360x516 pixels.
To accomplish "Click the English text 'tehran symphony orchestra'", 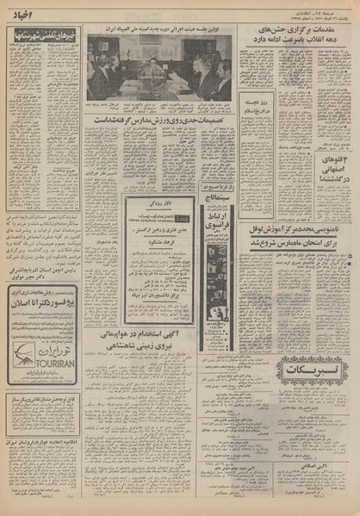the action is [x=143, y=221].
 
